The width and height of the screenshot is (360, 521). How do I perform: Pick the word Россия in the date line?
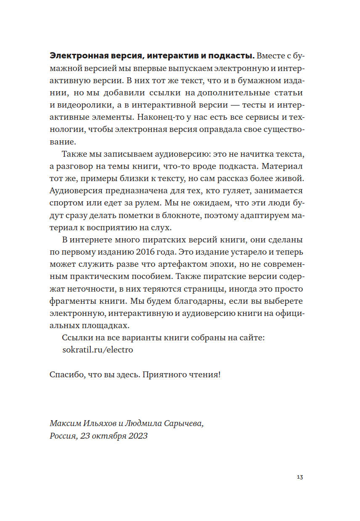click(x=63, y=436)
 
